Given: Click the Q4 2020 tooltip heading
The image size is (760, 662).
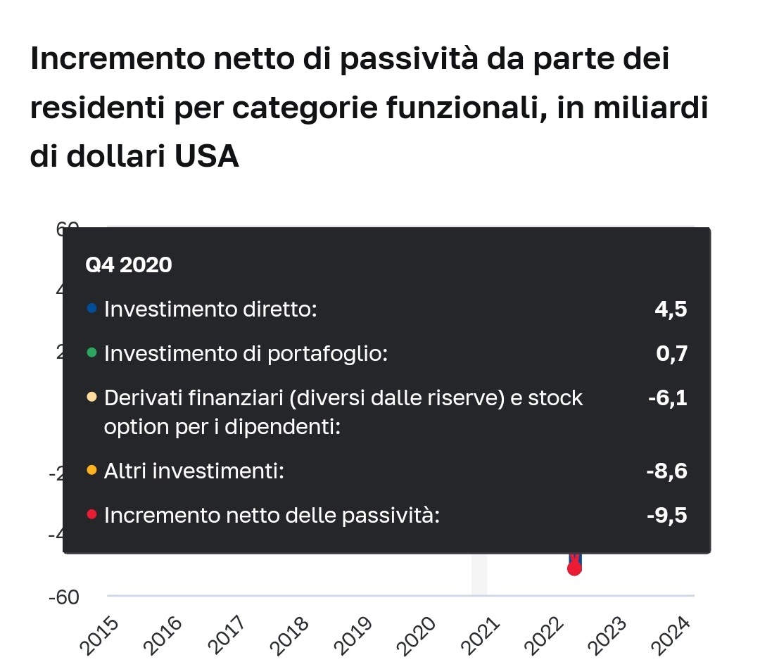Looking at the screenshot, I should (x=128, y=265).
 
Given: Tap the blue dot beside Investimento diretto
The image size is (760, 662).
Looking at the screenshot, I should (x=91, y=308).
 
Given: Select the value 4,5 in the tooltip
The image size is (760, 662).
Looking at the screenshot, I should (x=671, y=309).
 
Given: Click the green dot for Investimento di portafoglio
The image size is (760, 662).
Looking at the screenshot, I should (x=91, y=353).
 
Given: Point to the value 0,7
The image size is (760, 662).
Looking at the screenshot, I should (x=671, y=354).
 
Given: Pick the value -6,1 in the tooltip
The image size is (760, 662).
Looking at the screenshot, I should (x=667, y=398).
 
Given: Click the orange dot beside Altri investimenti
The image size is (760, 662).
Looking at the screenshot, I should (x=91, y=470).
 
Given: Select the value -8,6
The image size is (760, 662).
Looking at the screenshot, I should (x=666, y=471).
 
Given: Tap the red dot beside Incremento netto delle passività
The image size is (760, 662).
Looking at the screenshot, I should (x=91, y=515).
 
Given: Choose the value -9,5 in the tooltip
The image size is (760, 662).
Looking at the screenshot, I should (x=666, y=516).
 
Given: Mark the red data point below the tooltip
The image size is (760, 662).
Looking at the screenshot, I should (x=574, y=568).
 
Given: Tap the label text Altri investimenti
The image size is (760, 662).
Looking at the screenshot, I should (x=193, y=471).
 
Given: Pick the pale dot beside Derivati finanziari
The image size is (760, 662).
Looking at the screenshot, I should (x=91, y=398).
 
